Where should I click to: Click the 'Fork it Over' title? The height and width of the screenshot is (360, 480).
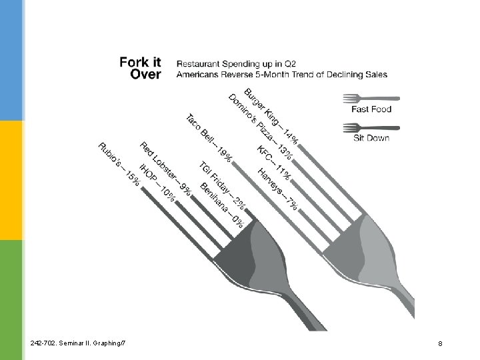[x=140, y=68]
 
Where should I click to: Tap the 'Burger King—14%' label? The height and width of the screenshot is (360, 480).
[x=271, y=116]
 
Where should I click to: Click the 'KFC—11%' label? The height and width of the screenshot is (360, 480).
[x=273, y=161]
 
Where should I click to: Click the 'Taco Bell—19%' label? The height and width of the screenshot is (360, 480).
[x=209, y=139]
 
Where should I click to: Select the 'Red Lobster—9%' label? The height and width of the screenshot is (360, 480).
[x=166, y=169]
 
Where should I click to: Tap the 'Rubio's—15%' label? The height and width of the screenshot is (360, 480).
[x=119, y=164]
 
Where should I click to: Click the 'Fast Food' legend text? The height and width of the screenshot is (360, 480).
[x=371, y=109]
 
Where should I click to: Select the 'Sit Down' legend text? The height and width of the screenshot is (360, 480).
[x=371, y=138]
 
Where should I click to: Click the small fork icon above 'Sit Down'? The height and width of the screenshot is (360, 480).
[x=371, y=127]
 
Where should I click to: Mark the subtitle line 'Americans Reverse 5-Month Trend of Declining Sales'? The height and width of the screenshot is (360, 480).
[x=281, y=75]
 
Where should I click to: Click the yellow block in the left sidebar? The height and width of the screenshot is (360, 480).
[x=11, y=180]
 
